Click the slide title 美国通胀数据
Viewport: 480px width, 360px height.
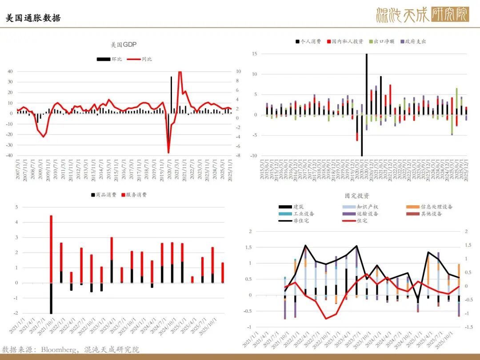click(33, 18)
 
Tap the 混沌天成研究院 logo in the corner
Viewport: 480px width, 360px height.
click(422, 15)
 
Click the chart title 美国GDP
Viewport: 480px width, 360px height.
click(124, 45)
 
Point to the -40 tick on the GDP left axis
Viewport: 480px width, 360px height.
click(9, 156)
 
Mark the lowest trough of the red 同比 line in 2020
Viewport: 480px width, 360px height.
click(168, 152)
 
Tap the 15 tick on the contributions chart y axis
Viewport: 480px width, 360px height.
click(255, 54)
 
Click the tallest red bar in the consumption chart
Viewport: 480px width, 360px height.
click(51, 249)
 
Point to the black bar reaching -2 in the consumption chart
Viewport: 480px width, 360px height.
click(51, 298)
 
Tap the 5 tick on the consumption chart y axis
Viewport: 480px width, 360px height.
click(17, 207)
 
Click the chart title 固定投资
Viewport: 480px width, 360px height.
click(357, 196)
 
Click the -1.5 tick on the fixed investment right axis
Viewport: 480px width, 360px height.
click(468, 327)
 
